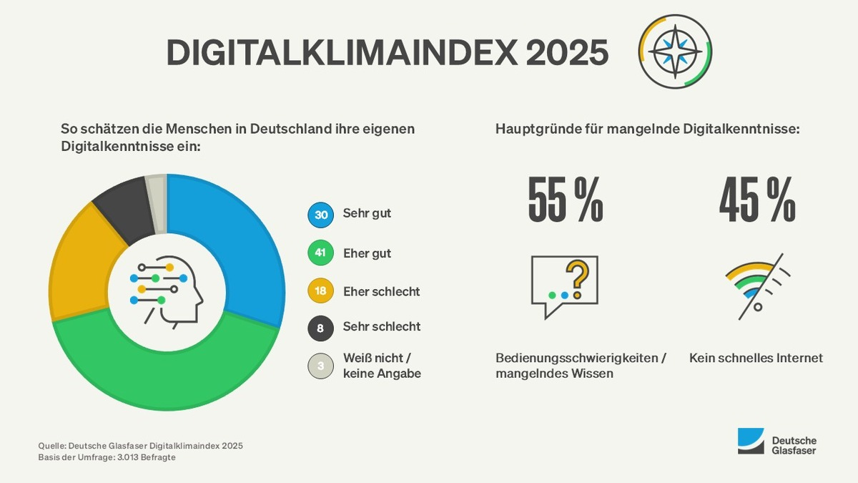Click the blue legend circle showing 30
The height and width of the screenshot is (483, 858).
coord(320,214)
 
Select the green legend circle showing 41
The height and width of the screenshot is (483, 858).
coord(320,253)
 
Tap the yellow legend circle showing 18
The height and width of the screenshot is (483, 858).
coord(320,291)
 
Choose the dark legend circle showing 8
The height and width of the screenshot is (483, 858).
coord(320,328)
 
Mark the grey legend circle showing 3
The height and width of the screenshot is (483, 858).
coord(320,366)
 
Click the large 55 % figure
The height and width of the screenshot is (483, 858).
coord(566,200)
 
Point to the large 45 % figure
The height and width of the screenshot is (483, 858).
coord(757,200)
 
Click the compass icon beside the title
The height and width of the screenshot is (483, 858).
coord(676,52)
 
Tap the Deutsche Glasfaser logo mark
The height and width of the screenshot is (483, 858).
coord(751,441)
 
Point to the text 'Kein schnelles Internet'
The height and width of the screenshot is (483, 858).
coord(756,358)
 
